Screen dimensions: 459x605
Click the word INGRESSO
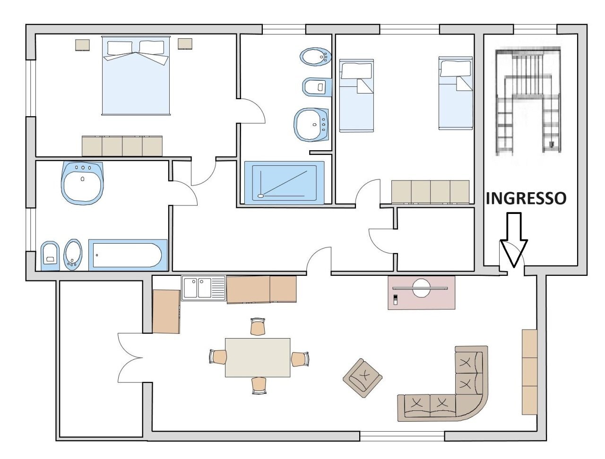(x=526, y=198)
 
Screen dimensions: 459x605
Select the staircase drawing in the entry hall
(x=528, y=101)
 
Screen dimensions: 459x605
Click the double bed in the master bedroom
(x=136, y=76)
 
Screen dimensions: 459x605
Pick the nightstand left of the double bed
(x=82, y=44)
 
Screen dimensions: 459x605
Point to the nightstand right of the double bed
(x=185, y=44)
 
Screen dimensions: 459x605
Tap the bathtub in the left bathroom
(x=128, y=255)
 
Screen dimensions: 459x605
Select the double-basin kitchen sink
(x=204, y=288)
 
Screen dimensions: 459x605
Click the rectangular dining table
(x=258, y=357)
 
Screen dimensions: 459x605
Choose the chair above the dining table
(x=258, y=326)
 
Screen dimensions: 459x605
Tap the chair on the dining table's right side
(x=300, y=359)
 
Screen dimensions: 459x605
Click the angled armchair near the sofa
(x=363, y=377)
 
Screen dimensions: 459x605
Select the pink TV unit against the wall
(x=421, y=292)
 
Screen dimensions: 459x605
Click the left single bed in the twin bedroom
(x=356, y=95)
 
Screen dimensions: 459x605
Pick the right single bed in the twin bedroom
(x=455, y=93)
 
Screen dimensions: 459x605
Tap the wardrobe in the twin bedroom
(x=430, y=192)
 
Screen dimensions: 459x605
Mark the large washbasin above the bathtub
(x=82, y=182)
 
